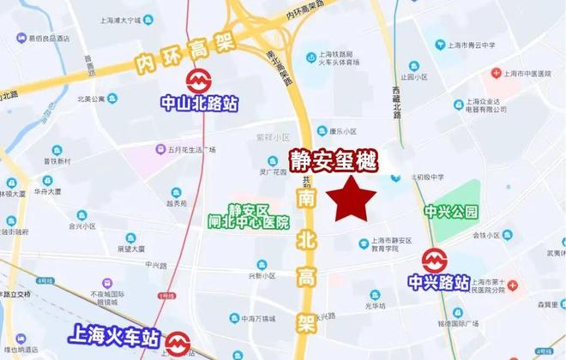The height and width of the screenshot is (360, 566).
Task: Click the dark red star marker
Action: point(355,201)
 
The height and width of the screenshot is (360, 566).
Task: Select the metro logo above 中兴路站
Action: point(434,260)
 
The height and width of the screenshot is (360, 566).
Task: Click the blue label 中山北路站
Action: point(200,104)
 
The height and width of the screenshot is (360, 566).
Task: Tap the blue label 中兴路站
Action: point(438,282)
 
